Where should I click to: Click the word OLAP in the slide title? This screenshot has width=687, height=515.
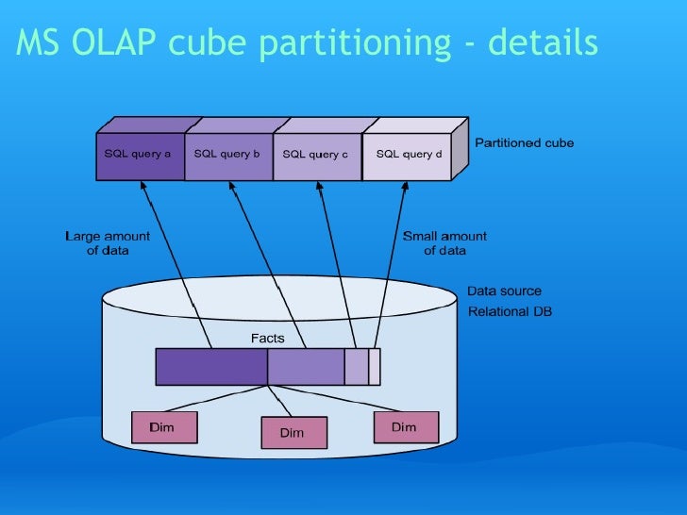(118, 42)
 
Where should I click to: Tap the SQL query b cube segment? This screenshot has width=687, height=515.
(226, 155)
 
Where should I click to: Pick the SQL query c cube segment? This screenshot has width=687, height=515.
(315, 155)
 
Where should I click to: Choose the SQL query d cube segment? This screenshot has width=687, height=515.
(408, 155)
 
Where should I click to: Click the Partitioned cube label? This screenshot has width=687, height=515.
(524, 143)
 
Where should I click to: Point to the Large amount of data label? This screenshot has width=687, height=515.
(107, 243)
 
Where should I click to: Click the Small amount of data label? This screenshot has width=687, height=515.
(444, 243)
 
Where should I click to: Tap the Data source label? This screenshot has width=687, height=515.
(505, 291)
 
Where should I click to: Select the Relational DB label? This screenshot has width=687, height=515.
(510, 311)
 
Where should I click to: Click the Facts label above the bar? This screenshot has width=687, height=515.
(267, 338)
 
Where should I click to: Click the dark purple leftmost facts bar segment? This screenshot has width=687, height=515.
(211, 366)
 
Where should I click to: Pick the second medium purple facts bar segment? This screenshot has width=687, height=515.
(306, 366)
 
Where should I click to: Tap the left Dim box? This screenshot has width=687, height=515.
(162, 428)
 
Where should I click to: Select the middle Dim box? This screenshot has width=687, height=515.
(293, 433)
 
